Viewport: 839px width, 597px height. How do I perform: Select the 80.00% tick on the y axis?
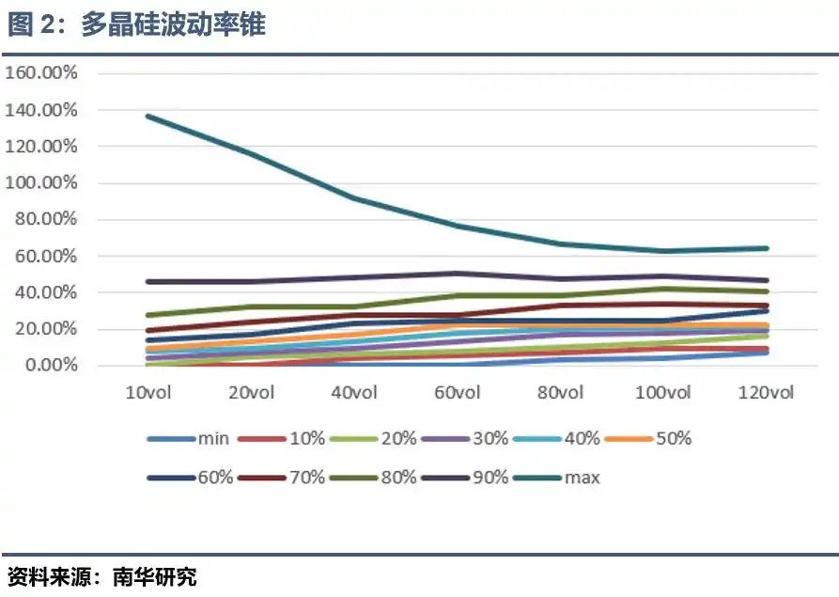[x=45, y=219]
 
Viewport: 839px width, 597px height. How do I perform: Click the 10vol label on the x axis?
[x=148, y=392]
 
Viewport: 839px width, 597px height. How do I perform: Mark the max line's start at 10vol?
[x=148, y=117]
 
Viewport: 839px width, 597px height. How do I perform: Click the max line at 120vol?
[x=766, y=248]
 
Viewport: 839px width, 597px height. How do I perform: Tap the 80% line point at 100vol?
[x=663, y=289]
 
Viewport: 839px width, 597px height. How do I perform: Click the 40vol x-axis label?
[x=354, y=392]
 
